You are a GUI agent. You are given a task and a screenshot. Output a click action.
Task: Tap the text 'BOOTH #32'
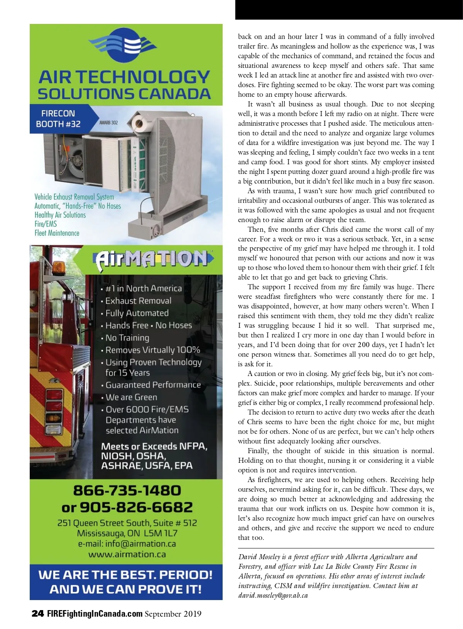(x=58, y=124)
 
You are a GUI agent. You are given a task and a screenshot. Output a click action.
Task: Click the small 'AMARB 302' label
(x=108, y=123)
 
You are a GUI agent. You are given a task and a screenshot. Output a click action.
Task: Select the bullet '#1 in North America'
(x=143, y=288)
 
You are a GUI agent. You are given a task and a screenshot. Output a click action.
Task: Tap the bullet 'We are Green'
(x=131, y=397)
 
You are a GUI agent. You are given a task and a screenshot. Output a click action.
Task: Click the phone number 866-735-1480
(x=127, y=491)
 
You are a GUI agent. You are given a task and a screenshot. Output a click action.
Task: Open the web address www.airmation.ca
(x=127, y=555)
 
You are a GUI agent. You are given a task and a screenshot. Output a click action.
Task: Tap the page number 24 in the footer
(x=37, y=614)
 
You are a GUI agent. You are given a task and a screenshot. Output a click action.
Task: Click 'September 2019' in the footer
(x=173, y=614)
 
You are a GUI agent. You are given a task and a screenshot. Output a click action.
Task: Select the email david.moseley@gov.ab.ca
(x=273, y=595)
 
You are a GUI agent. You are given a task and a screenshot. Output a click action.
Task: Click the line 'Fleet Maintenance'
(x=57, y=233)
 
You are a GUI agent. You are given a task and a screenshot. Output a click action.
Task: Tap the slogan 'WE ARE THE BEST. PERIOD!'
(x=125, y=575)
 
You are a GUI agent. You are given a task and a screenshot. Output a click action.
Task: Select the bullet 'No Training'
(x=127, y=338)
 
